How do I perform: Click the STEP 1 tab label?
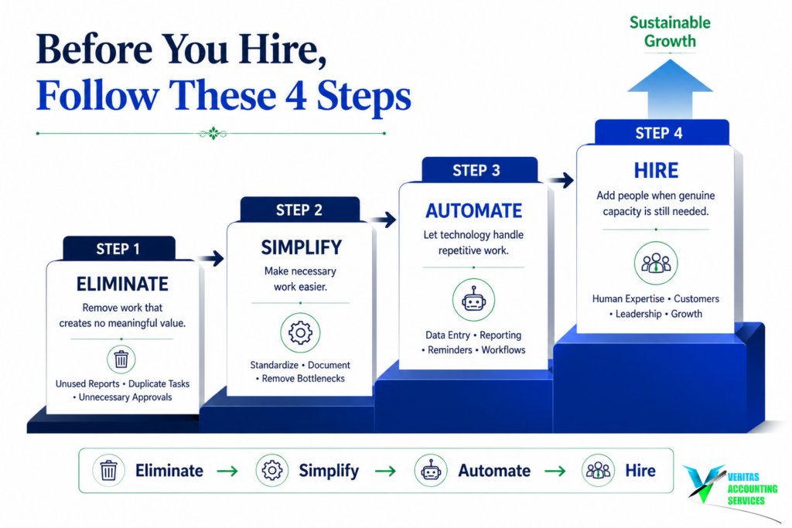118,249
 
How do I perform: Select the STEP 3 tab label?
476,171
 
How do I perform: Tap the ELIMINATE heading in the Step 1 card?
122,284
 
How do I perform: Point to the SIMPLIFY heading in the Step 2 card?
301,247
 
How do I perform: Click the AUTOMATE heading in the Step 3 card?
474,211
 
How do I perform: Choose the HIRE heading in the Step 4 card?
656,171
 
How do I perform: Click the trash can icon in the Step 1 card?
121,359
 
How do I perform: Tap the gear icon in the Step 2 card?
300,332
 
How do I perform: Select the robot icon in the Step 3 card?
474,300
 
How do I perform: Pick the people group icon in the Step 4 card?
656,263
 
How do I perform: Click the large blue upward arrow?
670,89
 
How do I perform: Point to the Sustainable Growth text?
670,31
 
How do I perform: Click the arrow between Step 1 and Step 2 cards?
210,258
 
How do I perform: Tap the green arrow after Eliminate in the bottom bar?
227,471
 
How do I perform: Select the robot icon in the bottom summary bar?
430,471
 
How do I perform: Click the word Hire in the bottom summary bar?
640,471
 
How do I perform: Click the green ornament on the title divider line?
213,134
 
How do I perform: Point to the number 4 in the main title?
295,95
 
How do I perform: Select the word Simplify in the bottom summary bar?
329,471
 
